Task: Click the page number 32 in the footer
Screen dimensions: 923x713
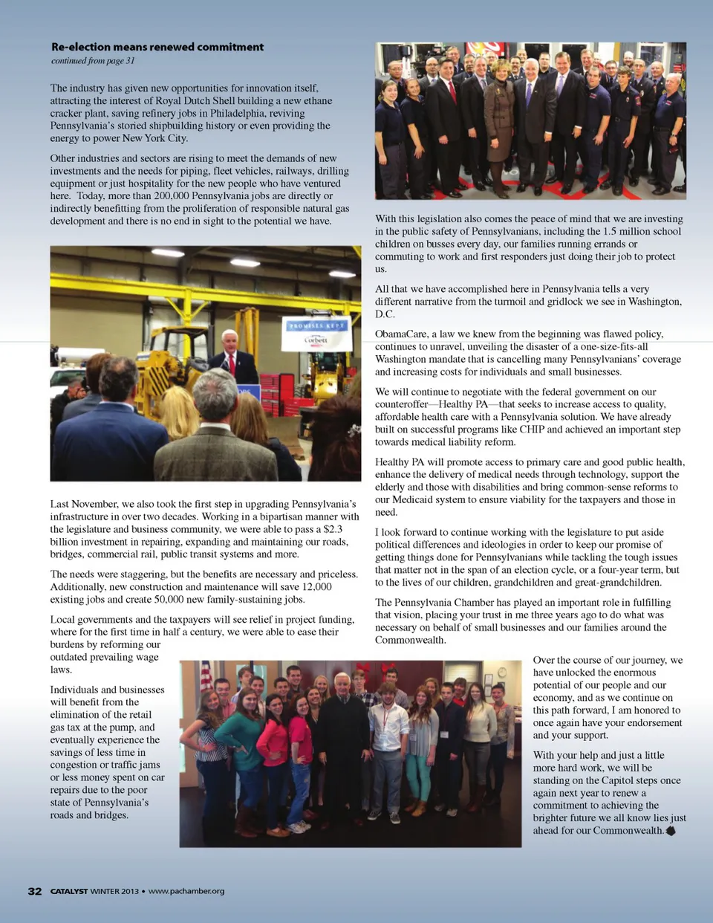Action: point(35,891)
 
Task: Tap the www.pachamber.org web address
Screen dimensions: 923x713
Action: point(186,891)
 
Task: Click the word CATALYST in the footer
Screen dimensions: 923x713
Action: point(69,891)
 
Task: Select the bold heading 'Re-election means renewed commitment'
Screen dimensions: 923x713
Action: point(157,47)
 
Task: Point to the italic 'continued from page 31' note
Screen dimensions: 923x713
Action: point(93,61)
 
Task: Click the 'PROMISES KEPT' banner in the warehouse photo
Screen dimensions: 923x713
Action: point(316,326)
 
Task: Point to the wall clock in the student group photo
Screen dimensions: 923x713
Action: point(502,673)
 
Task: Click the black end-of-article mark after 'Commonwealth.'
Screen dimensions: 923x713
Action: point(671,831)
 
